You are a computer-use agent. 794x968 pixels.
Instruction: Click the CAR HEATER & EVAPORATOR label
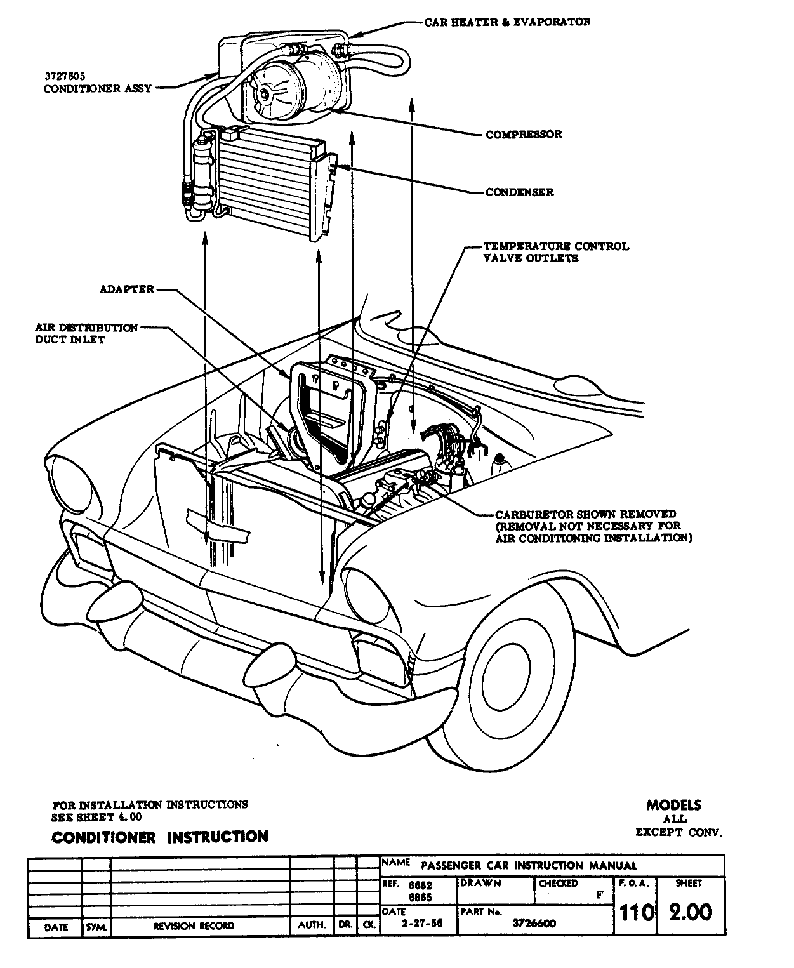tap(508, 22)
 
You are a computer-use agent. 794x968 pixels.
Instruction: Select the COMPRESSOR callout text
tap(524, 135)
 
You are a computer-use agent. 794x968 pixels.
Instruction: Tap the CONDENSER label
tap(519, 192)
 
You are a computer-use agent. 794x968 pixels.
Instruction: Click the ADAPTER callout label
tap(127, 289)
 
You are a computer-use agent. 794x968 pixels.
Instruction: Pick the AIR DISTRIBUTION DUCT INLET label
tap(86, 334)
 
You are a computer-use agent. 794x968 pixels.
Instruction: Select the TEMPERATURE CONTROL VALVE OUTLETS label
tap(556, 252)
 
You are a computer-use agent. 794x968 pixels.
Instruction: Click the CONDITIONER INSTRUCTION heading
tap(159, 837)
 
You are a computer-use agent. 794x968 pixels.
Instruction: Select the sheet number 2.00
tap(690, 912)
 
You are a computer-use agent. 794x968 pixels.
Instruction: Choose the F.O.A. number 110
tap(636, 913)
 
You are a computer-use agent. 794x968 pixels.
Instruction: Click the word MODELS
tap(673, 805)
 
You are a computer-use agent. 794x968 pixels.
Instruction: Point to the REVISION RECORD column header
tap(194, 926)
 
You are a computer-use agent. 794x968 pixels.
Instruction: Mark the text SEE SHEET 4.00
tap(96, 817)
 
